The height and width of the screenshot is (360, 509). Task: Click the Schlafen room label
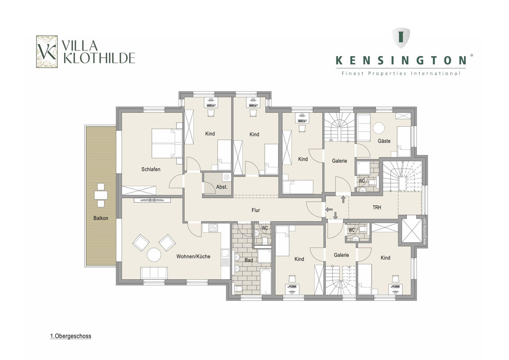(151, 169)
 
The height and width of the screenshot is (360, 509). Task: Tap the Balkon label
(101, 218)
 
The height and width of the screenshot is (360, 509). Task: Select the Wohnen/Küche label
(193, 256)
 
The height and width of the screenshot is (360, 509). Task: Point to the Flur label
(256, 210)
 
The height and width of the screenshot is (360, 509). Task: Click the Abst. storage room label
(222, 187)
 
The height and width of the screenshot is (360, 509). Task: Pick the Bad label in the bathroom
(249, 260)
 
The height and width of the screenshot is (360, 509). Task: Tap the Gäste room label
(384, 141)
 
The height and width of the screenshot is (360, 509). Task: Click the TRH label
(377, 208)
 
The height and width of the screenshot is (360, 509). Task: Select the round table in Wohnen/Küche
(154, 255)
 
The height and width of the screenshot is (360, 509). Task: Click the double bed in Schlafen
(167, 143)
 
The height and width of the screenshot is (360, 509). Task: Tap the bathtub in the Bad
(266, 281)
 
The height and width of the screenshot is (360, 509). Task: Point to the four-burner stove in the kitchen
(213, 228)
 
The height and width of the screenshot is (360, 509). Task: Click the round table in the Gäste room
(378, 128)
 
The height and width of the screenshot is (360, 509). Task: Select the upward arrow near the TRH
(343, 200)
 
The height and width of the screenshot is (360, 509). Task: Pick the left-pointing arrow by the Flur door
(329, 209)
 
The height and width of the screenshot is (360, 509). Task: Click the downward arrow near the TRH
(336, 216)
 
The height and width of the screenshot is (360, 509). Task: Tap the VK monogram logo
(47, 52)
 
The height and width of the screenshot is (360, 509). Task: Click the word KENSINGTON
(401, 60)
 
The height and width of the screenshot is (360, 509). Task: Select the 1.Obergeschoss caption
(71, 336)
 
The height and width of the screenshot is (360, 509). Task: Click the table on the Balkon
(101, 195)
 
